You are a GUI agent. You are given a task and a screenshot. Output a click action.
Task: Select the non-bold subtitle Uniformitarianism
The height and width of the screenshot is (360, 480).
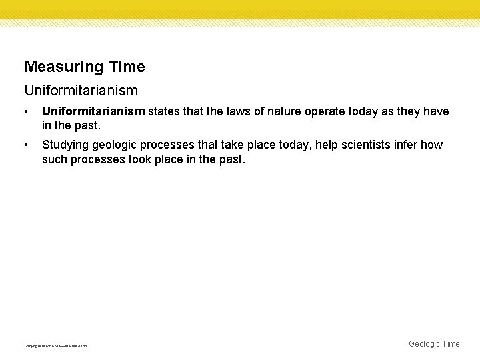81,89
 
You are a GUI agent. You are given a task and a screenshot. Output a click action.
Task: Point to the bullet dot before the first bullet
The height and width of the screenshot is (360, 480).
26,111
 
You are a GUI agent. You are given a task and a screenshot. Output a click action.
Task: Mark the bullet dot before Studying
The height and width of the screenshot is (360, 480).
26,145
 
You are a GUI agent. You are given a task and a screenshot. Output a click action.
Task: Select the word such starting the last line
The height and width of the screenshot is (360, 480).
55,160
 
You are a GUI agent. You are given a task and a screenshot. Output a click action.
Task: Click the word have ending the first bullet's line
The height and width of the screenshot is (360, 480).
436,111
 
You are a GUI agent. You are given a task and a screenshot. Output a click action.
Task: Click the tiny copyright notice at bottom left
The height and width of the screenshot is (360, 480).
55,345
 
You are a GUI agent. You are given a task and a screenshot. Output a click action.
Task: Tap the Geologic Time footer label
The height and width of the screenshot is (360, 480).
434,344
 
